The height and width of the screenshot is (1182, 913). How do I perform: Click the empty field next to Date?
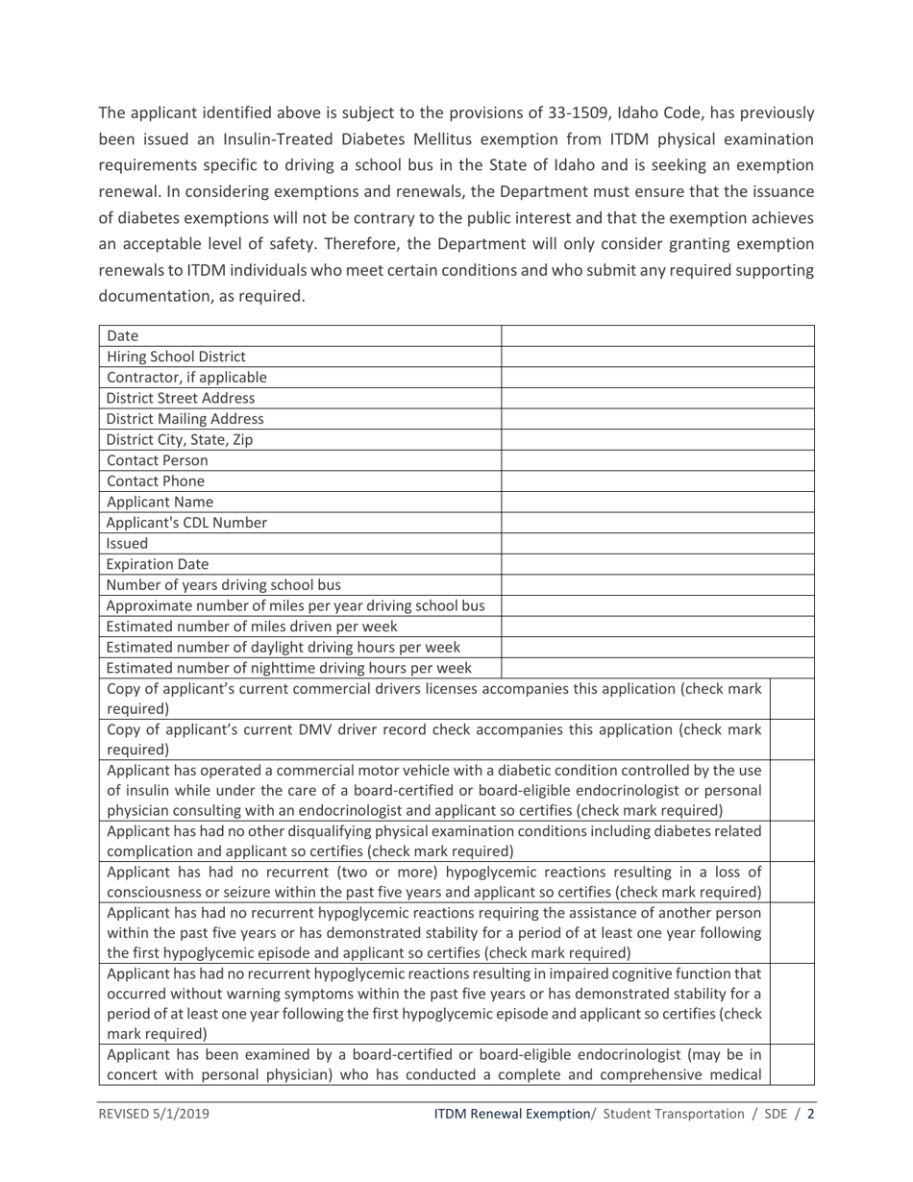pyautogui.click(x=658, y=335)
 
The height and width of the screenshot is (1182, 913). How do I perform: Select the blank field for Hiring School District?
pyautogui.click(x=658, y=357)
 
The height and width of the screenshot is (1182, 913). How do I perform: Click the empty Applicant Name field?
pyautogui.click(x=658, y=502)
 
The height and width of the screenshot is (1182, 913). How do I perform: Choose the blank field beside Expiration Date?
pyautogui.click(x=658, y=564)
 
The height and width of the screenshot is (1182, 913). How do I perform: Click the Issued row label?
pyautogui.click(x=121, y=544)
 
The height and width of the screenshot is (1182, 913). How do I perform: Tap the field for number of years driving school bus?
pyautogui.click(x=658, y=585)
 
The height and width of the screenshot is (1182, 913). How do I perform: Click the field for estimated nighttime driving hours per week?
pyautogui.click(x=658, y=668)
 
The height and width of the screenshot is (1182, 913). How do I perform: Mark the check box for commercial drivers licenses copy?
pyautogui.click(x=794, y=699)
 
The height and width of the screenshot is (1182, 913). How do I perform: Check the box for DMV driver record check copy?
pyautogui.click(x=794, y=739)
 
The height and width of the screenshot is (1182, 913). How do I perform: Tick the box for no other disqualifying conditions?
pyautogui.click(x=794, y=841)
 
